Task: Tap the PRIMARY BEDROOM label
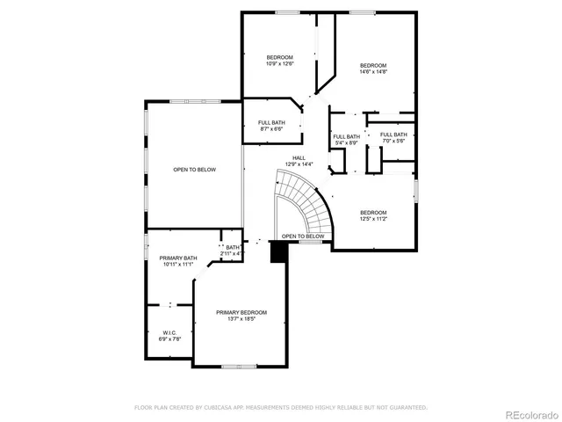click(241, 312)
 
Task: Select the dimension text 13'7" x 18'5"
click(241, 319)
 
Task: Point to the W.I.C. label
click(169, 332)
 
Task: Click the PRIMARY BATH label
click(177, 258)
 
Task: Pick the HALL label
click(299, 157)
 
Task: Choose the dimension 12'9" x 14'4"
click(299, 164)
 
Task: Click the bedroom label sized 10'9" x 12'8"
click(279, 58)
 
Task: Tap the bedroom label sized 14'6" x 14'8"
click(373, 65)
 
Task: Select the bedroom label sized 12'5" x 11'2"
click(373, 213)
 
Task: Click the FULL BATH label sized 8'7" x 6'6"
click(271, 122)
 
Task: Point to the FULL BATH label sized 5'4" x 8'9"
click(346, 136)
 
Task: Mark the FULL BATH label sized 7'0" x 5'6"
click(393, 134)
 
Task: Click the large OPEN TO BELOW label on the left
click(194, 170)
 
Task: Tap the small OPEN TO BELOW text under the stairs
click(303, 236)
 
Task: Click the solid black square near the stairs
click(278, 252)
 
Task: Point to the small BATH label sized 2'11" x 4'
click(233, 248)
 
